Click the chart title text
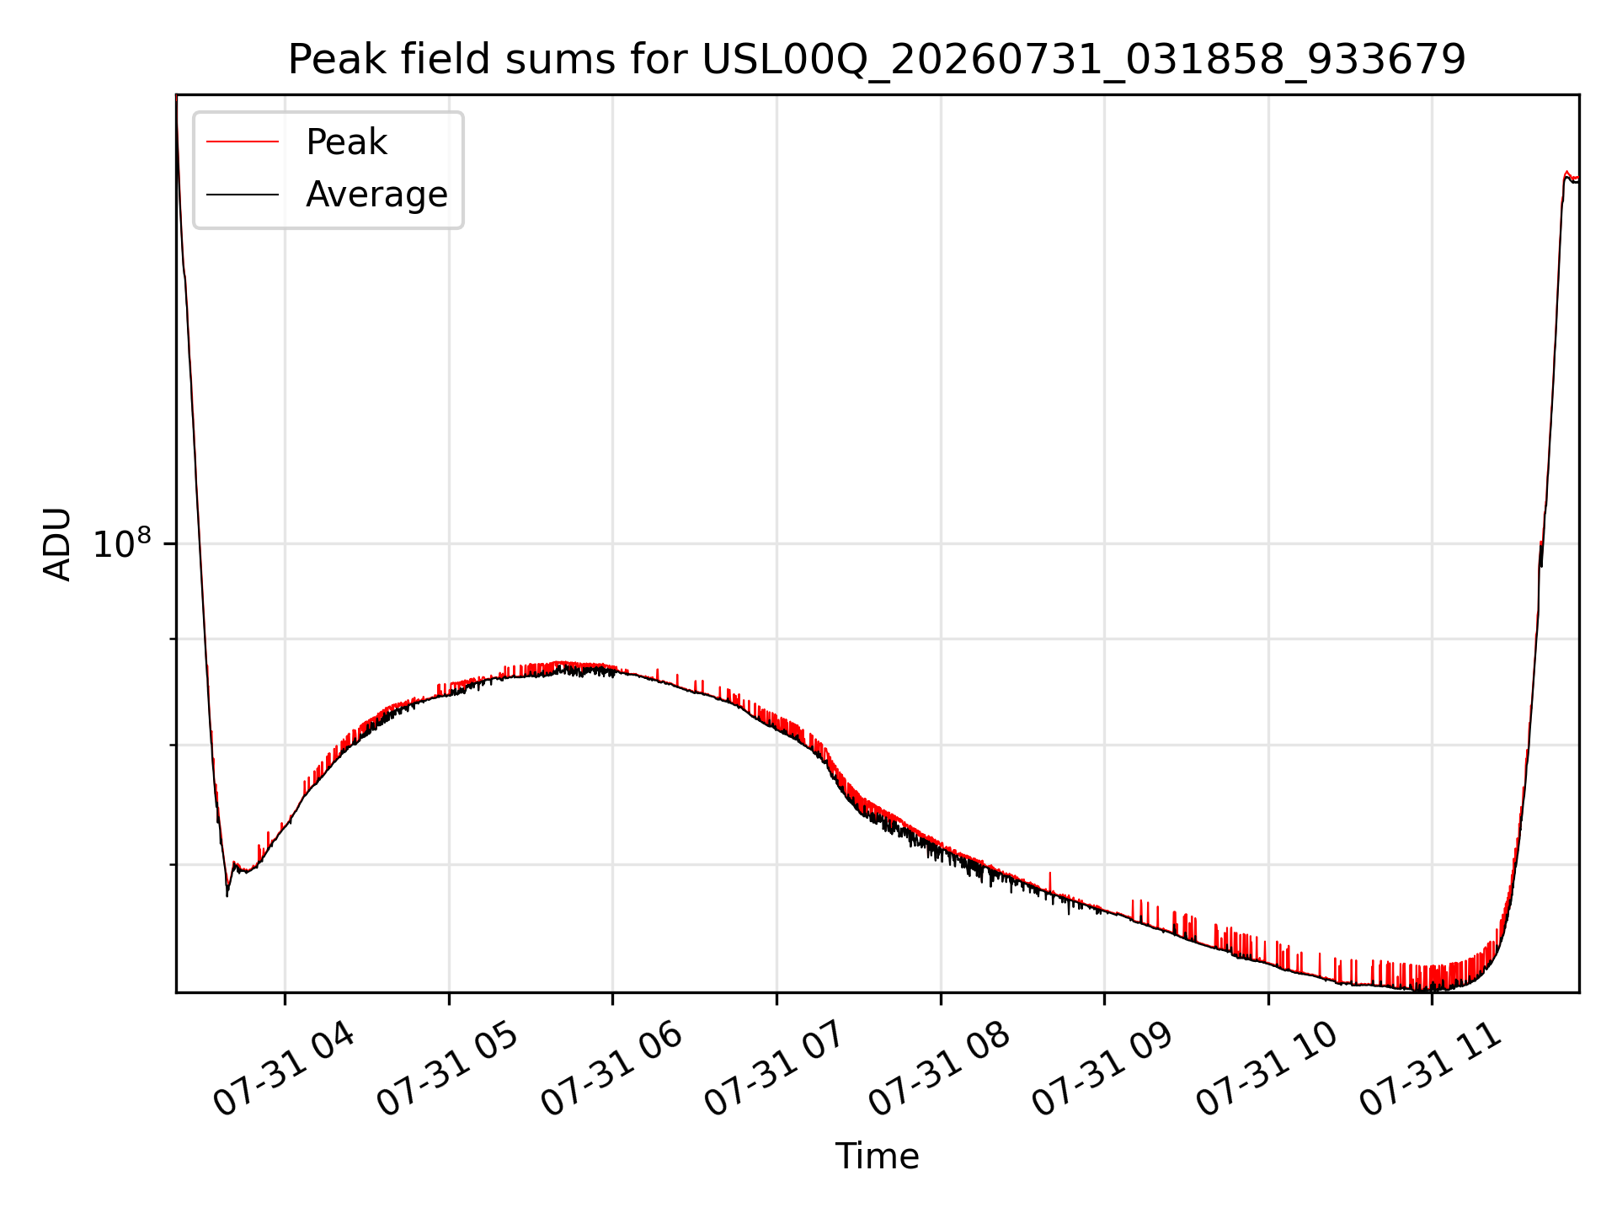pyautogui.click(x=877, y=60)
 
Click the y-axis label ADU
pyautogui.click(x=57, y=544)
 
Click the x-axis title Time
pyautogui.click(x=877, y=1156)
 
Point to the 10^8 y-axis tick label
pyautogui.click(x=123, y=543)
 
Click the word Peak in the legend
pyautogui.click(x=346, y=142)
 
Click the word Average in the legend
pyautogui.click(x=376, y=195)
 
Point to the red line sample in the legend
pyautogui.click(x=243, y=142)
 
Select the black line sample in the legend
pyautogui.click(x=243, y=195)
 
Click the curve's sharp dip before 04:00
pyautogui.click(x=227, y=895)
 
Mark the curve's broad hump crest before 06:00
pyautogui.click(x=559, y=665)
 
